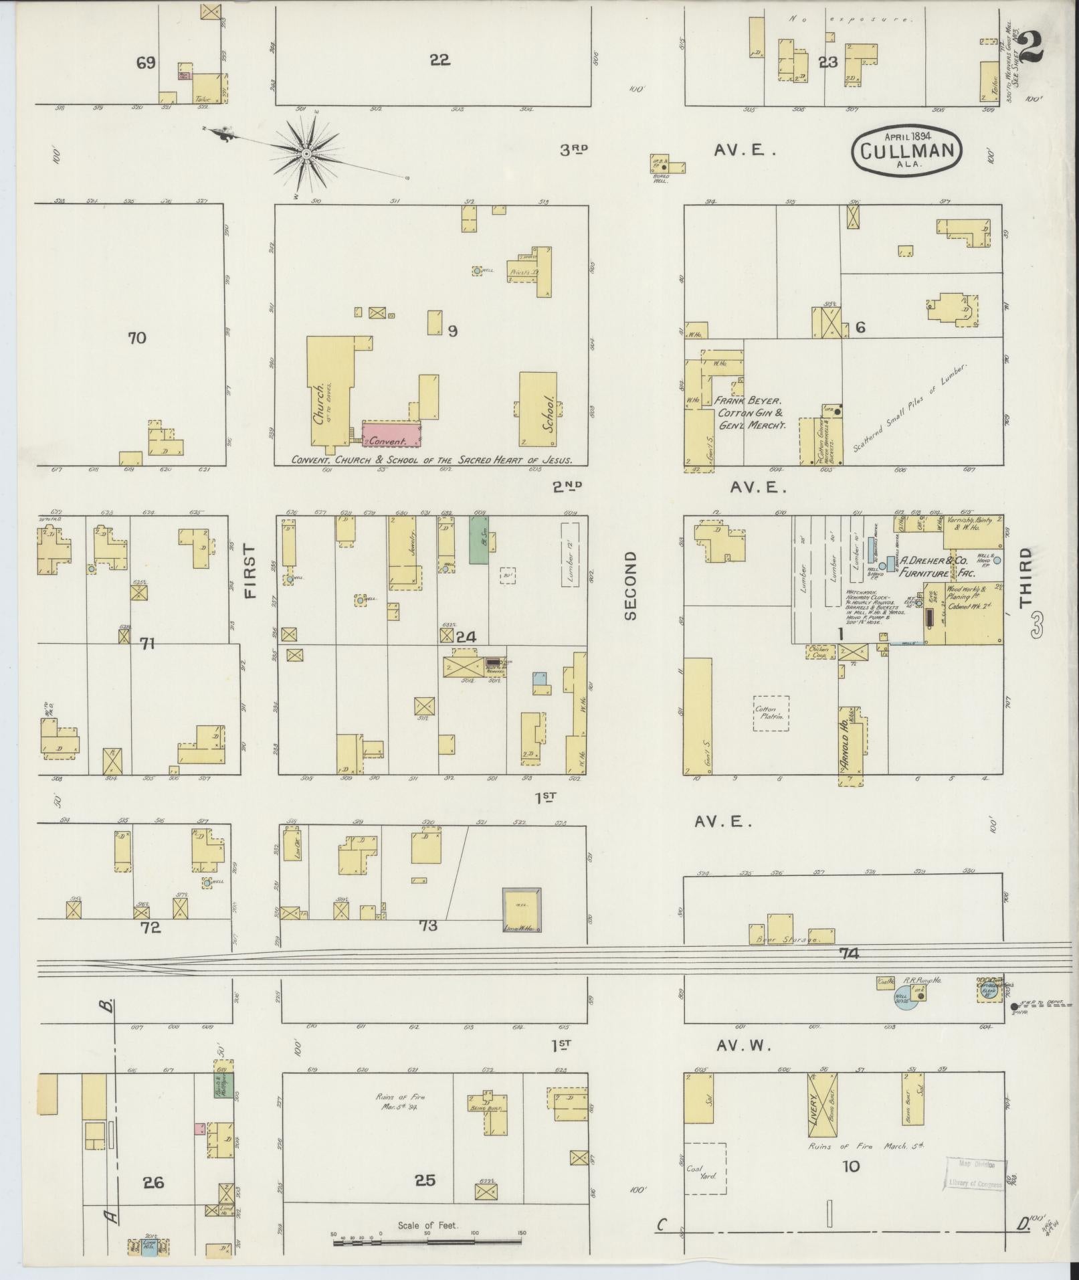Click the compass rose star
pyautogui.click(x=305, y=155)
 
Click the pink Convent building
pyautogui.click(x=391, y=434)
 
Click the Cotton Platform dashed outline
pyautogui.click(x=771, y=713)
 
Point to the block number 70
pyautogui.click(x=136, y=338)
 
